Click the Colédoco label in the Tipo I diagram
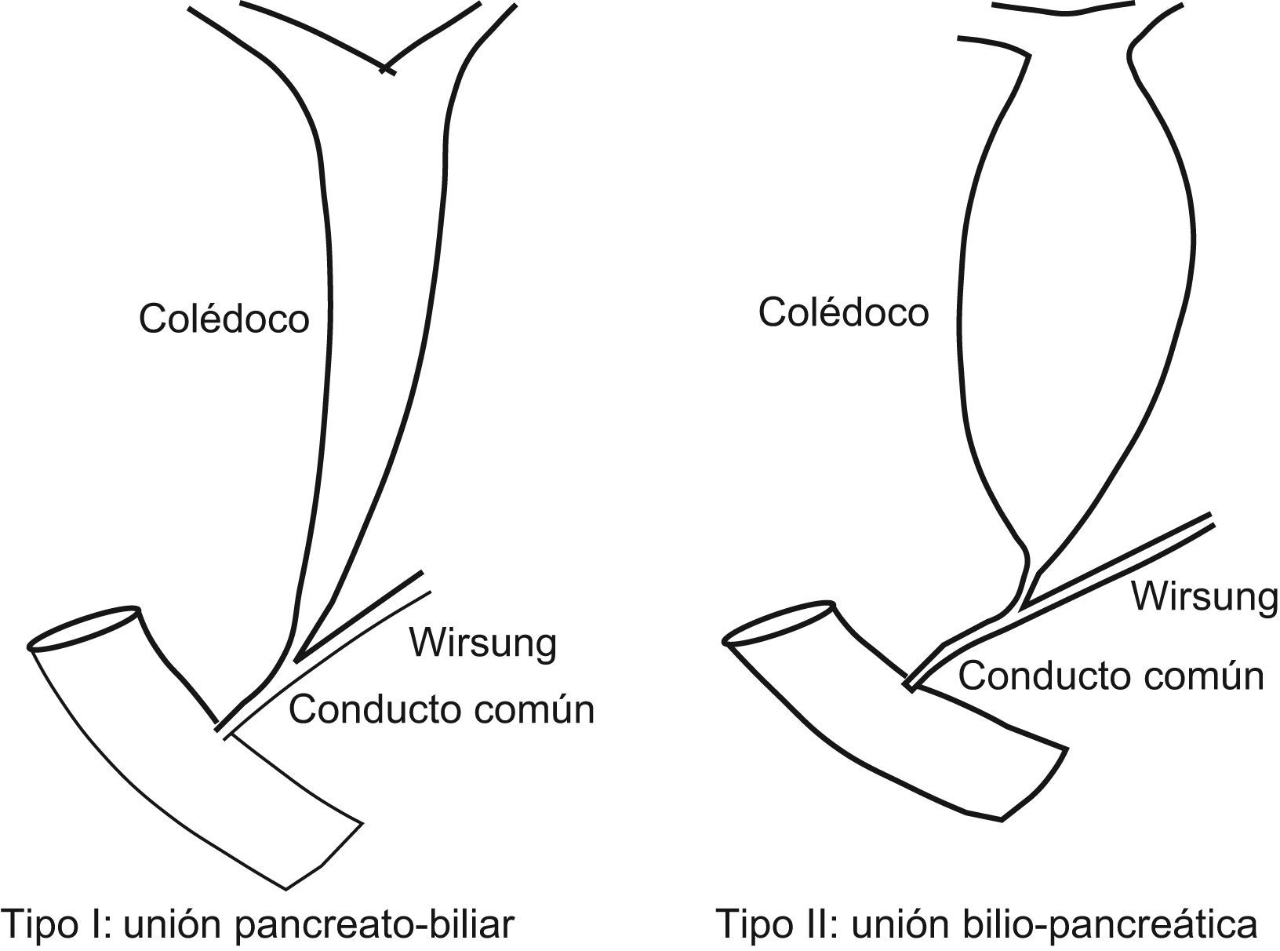click(224, 319)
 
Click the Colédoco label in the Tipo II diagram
click(843, 312)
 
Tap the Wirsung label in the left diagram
click(483, 643)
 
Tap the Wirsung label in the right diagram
click(1204, 597)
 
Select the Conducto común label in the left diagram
click(442, 710)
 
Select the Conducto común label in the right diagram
click(1111, 676)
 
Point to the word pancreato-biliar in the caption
click(375, 925)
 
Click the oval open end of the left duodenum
click(85, 629)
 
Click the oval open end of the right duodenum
click(780, 623)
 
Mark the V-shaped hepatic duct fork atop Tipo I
click(384, 67)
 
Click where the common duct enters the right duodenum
click(911, 685)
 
